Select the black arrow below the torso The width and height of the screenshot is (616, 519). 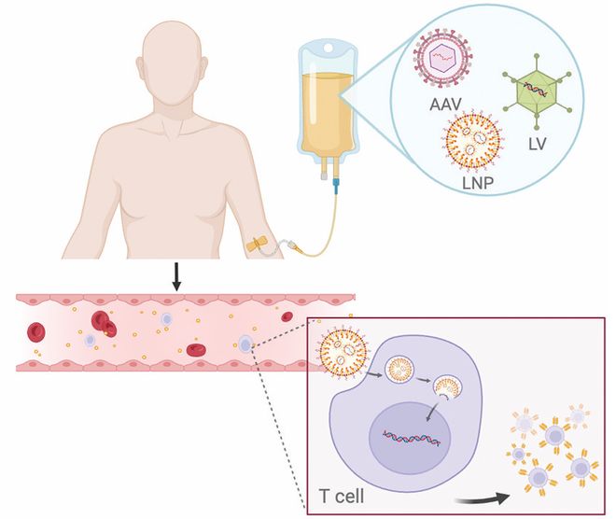coord(175,274)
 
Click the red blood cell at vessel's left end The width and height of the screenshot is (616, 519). coord(37,331)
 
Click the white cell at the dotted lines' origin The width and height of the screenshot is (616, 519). coord(245,344)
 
